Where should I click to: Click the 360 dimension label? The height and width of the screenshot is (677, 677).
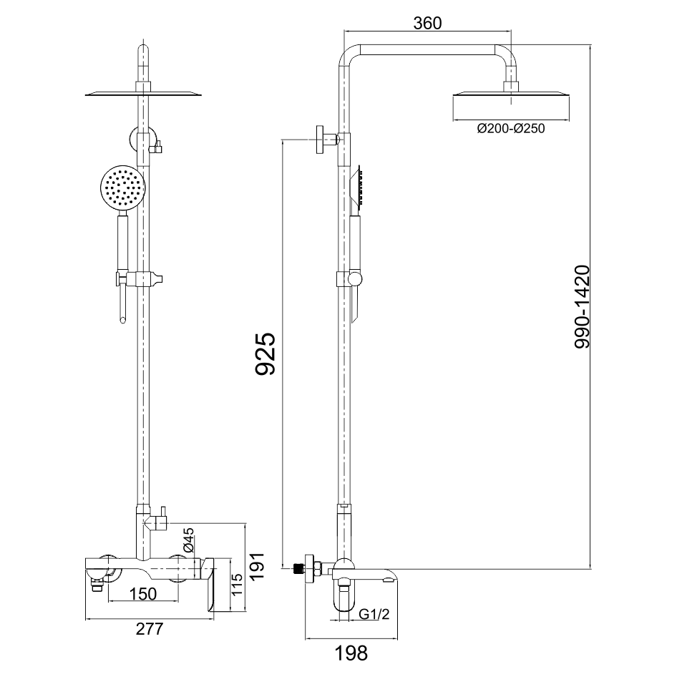pos(427,24)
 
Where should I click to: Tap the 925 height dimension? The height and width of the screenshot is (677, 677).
pos(266,354)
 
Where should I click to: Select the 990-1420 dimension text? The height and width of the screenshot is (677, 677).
pos(582,306)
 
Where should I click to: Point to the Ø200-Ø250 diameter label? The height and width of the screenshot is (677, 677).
pos(511,128)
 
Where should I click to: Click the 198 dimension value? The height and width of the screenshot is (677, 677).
pos(351,653)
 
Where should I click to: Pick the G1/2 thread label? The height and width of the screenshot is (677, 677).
pos(374,613)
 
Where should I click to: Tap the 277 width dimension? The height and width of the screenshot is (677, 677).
pos(150,628)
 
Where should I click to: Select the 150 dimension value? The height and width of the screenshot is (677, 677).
pos(143,594)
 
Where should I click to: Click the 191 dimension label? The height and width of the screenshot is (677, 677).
pos(258,567)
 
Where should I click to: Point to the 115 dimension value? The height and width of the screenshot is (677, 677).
pos(238,585)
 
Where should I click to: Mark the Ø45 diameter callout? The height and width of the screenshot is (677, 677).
pos(189,540)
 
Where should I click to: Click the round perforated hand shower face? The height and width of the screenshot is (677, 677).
pos(123,187)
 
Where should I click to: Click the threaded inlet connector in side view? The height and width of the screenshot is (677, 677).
pos(298,569)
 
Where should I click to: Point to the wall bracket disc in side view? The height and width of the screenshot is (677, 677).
pos(320,140)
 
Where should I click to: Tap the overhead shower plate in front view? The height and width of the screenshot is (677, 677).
pos(144,93)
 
